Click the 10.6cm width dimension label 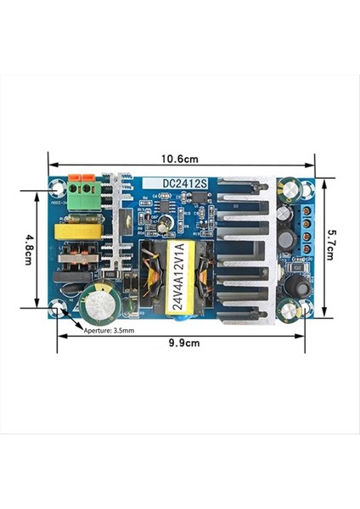pos(180,159)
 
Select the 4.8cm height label pos(29,249)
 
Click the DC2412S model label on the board pos(188,182)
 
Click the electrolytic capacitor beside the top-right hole pos(290,188)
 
